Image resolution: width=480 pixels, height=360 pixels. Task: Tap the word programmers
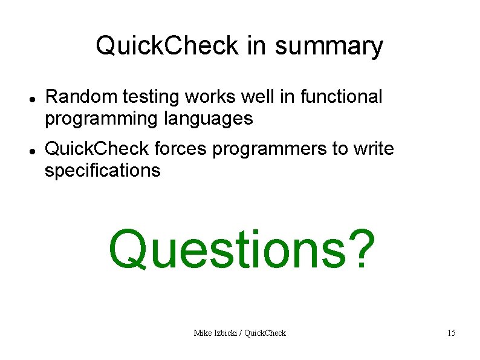click(269, 149)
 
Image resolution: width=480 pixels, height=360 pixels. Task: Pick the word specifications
click(103, 171)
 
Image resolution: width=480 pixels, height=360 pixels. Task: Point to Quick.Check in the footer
click(267, 333)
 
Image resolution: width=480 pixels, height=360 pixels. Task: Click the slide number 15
click(451, 333)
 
